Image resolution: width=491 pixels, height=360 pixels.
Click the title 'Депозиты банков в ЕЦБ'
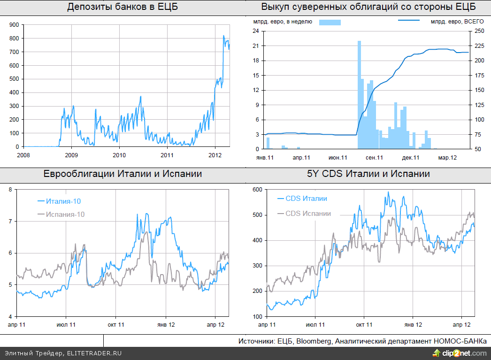click(x=123, y=7)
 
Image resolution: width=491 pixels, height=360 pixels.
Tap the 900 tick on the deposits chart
click(x=14, y=24)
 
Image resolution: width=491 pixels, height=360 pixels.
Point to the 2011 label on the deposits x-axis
click(x=167, y=155)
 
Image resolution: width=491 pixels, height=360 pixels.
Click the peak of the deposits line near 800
click(x=223, y=36)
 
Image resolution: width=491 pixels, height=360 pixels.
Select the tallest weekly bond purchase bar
click(x=359, y=94)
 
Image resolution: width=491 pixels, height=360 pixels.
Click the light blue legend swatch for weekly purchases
click(x=330, y=22)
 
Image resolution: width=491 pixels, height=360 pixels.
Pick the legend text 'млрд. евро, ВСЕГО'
click(x=457, y=22)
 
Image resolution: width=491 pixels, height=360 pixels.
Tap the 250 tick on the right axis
click(x=479, y=31)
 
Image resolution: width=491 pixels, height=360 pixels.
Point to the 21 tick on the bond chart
click(x=256, y=46)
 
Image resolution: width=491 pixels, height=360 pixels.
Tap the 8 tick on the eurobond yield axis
click(x=11, y=189)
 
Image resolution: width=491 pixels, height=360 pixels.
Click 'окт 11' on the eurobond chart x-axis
click(x=115, y=324)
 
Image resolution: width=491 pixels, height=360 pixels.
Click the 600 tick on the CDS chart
click(x=256, y=189)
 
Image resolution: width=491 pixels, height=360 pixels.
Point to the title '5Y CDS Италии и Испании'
click(x=368, y=174)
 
